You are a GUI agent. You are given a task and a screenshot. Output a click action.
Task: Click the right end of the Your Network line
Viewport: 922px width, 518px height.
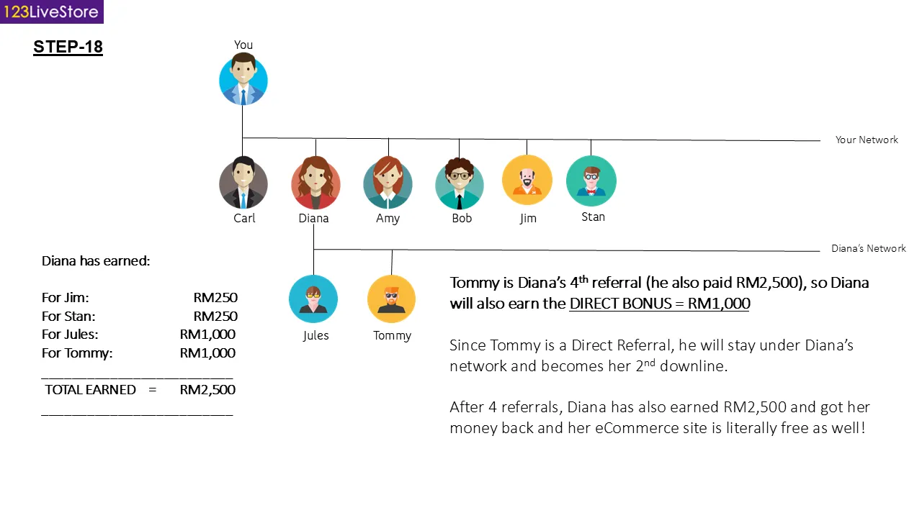click(820, 140)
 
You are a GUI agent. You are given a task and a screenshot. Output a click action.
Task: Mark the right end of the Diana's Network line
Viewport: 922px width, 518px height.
click(820, 251)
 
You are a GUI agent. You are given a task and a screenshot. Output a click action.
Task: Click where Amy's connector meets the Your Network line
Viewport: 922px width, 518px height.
click(388, 139)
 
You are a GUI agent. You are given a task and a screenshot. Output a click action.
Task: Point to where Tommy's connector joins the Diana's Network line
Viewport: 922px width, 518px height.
click(392, 250)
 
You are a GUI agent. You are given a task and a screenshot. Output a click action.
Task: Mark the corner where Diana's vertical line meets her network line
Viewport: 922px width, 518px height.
click(313, 249)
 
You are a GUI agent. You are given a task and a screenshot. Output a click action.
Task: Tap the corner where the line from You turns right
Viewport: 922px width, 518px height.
click(243, 137)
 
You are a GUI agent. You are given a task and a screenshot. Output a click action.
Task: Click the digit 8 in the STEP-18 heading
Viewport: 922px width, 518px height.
click(97, 47)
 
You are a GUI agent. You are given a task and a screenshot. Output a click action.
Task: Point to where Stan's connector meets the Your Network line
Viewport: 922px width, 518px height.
click(591, 140)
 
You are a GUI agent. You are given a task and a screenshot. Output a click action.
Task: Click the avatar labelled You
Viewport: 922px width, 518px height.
click(243, 79)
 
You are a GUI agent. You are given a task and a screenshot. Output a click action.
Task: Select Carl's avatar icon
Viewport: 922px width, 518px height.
click(243, 183)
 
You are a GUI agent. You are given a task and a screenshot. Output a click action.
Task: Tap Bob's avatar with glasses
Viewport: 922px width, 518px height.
click(460, 183)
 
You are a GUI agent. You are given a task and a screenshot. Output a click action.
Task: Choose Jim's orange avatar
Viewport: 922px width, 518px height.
click(527, 180)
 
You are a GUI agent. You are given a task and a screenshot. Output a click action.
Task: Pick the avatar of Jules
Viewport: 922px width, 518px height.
click(313, 299)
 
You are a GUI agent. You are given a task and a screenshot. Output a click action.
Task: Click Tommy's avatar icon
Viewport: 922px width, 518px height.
click(391, 299)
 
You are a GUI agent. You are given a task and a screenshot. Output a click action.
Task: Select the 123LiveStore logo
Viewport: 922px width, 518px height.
click(52, 12)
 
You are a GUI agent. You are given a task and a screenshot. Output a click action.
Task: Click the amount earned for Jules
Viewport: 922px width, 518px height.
click(208, 335)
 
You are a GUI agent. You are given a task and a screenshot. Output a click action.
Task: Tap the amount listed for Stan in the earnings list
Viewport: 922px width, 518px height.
click(215, 316)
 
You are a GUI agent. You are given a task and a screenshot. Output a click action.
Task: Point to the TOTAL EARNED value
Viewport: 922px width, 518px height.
click(208, 390)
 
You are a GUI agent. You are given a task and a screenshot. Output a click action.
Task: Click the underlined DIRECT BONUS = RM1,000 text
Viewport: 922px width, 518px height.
click(659, 304)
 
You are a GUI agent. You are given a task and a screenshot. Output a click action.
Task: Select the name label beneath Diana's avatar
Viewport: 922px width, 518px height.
click(313, 218)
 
